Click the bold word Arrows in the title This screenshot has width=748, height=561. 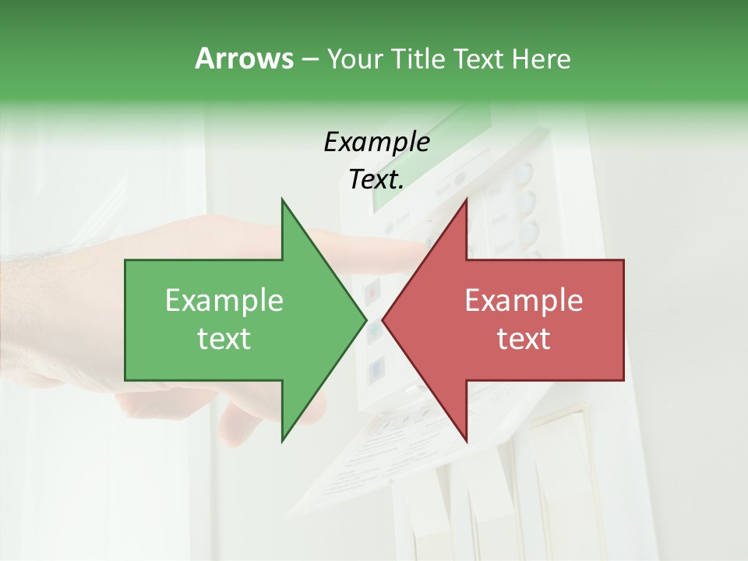point(243,58)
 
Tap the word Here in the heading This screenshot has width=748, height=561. point(541,58)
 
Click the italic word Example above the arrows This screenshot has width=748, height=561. point(376,143)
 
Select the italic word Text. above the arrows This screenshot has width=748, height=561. point(376,180)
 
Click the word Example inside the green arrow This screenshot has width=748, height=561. point(224,301)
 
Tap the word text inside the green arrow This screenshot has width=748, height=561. point(224,339)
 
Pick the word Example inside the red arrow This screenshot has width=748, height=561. point(524,301)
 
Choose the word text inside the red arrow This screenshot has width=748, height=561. point(524,339)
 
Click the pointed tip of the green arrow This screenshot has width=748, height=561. point(366,319)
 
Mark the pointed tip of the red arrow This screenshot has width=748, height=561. point(383,319)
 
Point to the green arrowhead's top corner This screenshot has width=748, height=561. point(282,199)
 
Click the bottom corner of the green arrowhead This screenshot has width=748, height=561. point(282,440)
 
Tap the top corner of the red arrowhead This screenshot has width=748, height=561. point(466,199)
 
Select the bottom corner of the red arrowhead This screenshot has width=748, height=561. point(466,440)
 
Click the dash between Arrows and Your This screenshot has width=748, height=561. point(309,59)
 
